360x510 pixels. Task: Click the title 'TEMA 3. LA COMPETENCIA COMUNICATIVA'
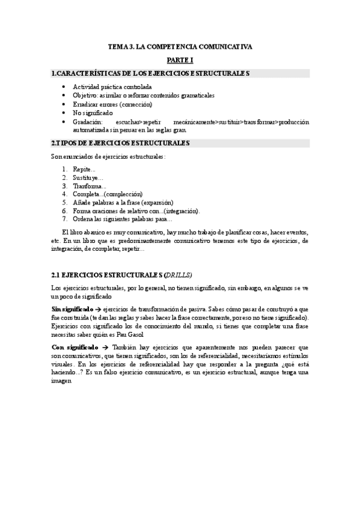(x=180, y=46)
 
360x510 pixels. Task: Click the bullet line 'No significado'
(x=91, y=112)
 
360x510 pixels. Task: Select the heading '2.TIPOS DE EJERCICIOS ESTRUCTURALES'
(x=121, y=143)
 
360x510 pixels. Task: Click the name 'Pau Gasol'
(x=130, y=334)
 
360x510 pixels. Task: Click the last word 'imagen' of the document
(x=62, y=381)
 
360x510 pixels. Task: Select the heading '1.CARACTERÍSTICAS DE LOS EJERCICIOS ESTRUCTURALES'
(x=150, y=73)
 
